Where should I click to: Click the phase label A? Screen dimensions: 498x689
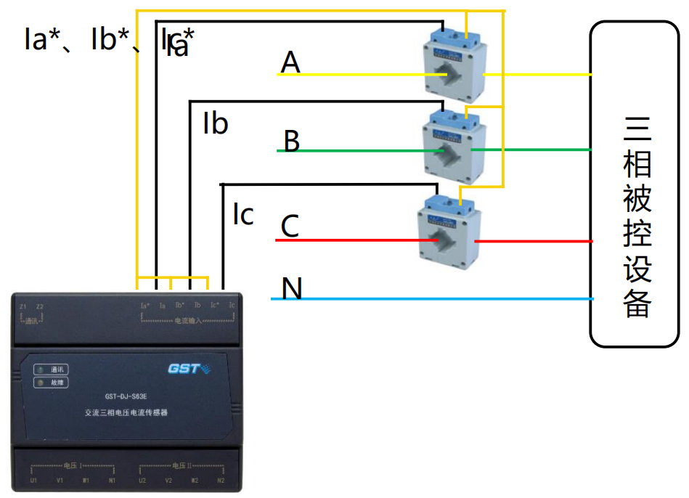pyautogui.click(x=290, y=63)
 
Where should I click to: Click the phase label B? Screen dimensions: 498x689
pyautogui.click(x=291, y=141)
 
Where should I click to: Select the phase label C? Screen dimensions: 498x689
pyautogui.click(x=290, y=226)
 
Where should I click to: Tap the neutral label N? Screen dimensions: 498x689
pyautogui.click(x=292, y=289)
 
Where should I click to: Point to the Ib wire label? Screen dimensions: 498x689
pyautogui.click(x=216, y=124)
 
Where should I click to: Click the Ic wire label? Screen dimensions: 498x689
pyautogui.click(x=243, y=214)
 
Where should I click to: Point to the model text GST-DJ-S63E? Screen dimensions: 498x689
pyautogui.click(x=131, y=396)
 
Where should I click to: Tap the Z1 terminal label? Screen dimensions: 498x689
pyautogui.click(x=23, y=306)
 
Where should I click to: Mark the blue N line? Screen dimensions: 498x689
pyautogui.click(x=436, y=298)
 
